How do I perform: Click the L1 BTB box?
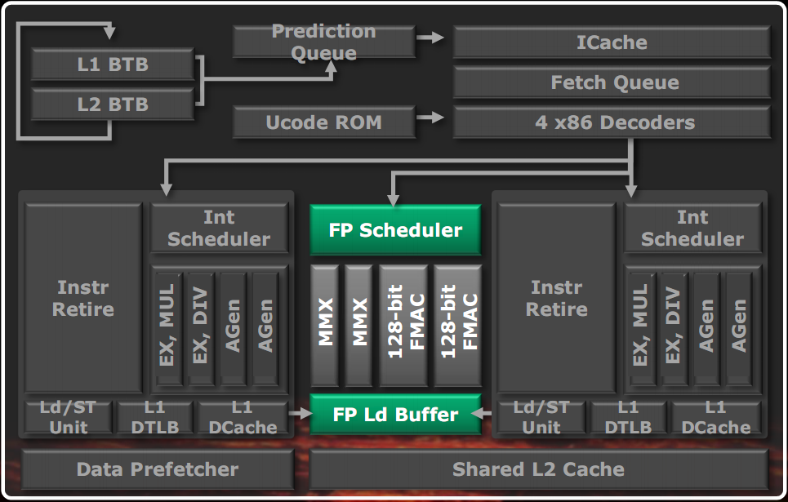(x=113, y=64)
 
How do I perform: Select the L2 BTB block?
(x=113, y=104)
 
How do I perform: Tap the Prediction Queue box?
(x=323, y=42)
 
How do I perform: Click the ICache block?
(x=612, y=42)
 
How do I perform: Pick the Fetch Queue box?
(x=612, y=82)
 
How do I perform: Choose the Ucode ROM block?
(x=323, y=123)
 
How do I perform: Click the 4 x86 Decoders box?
(x=612, y=123)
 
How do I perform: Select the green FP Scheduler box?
(x=395, y=230)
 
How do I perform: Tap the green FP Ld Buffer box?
(x=395, y=415)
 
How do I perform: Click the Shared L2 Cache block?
(x=538, y=469)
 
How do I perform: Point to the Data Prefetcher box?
(x=157, y=469)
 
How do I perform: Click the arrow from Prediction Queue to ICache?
(x=430, y=38)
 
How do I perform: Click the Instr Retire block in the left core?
(x=84, y=298)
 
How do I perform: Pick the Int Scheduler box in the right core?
(x=692, y=228)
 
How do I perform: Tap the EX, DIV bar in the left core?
(x=201, y=327)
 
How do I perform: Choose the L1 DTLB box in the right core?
(x=628, y=416)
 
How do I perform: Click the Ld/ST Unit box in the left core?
(x=69, y=416)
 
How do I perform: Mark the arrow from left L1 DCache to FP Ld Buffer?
(x=301, y=415)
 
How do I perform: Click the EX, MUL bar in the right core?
(x=641, y=327)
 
